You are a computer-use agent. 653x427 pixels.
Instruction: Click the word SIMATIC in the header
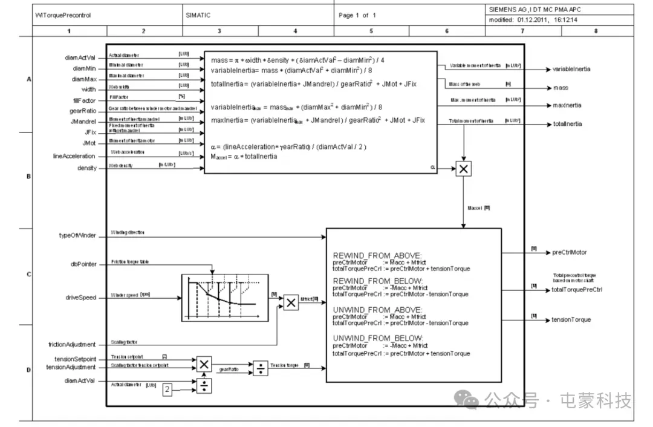(198, 15)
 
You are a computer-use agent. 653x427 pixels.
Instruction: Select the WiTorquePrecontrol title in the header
(63, 15)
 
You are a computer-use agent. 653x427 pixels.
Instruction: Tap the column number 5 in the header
(371, 31)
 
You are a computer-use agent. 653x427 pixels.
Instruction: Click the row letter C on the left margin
(28, 275)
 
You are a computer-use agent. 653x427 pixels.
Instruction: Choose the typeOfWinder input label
(77, 235)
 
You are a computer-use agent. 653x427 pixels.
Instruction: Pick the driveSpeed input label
(81, 298)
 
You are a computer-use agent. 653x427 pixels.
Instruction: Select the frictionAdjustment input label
(72, 344)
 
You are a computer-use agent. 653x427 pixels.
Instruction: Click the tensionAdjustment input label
(71, 367)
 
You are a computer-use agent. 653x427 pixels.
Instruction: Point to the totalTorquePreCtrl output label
(577, 290)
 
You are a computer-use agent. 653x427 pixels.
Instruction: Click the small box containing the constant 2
(167, 390)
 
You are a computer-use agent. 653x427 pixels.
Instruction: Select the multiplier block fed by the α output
(463, 169)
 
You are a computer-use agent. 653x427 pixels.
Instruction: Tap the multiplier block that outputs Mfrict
(291, 302)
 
